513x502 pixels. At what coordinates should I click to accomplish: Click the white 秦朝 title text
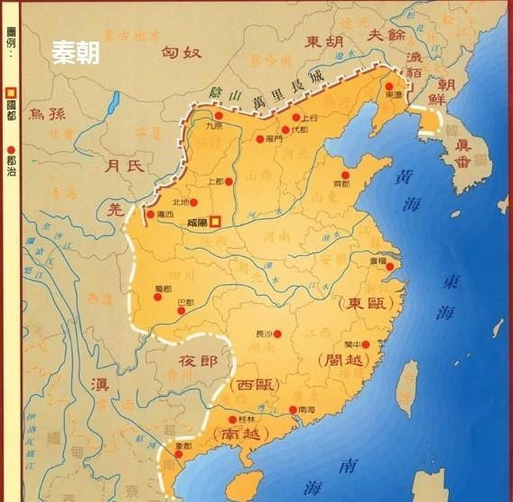pos(75,52)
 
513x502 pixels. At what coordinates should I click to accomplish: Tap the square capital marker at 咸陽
pos(215,218)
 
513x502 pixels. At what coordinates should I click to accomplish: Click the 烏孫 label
pos(49,113)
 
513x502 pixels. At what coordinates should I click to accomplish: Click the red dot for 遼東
pos(389,86)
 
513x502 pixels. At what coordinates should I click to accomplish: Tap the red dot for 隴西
pos(150,215)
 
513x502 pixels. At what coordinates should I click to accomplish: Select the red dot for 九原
pos(218,116)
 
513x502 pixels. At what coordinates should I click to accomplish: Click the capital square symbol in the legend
pos(12,92)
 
